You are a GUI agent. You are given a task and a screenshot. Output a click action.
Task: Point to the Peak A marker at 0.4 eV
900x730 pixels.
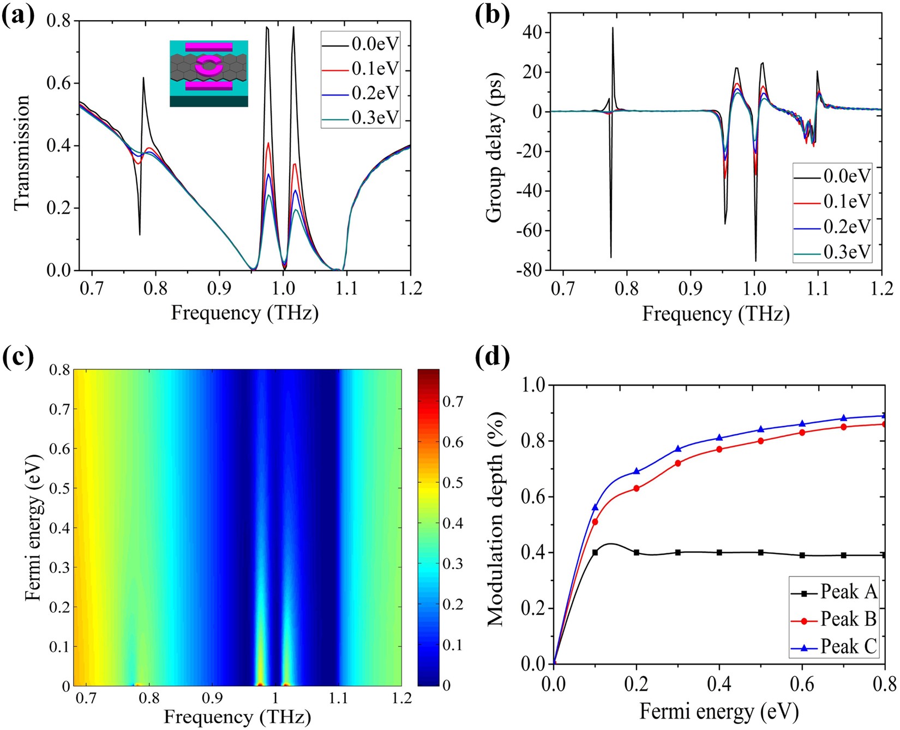[719, 553]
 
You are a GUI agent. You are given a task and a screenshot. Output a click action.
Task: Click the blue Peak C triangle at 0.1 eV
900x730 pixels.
[595, 507]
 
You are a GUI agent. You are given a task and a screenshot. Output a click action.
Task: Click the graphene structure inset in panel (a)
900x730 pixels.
[209, 73]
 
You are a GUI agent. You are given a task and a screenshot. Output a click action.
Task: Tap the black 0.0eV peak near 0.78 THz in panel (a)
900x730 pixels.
[143, 78]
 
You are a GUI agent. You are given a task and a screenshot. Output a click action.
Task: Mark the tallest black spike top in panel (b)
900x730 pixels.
[613, 28]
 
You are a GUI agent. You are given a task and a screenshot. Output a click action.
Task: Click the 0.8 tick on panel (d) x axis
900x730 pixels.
[884, 684]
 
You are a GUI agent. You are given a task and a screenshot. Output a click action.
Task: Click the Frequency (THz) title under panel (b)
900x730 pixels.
[716, 314]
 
